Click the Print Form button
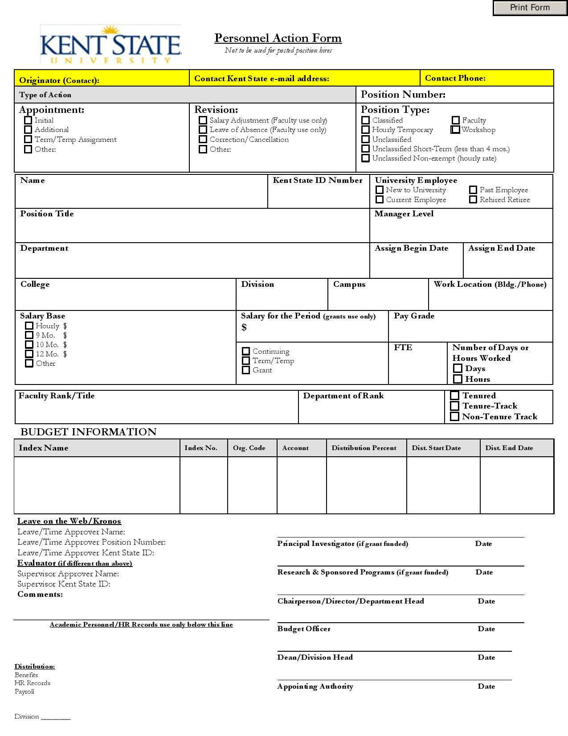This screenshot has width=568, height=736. (x=530, y=8)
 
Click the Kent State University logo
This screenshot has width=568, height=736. (x=111, y=45)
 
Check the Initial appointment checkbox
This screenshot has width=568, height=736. (x=28, y=120)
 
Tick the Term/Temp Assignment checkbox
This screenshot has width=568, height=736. (x=28, y=140)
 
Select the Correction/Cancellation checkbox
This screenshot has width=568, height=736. (x=203, y=140)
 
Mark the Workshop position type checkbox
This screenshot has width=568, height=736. (x=455, y=130)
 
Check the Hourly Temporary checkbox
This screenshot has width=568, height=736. (x=365, y=130)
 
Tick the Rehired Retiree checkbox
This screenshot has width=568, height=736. (x=473, y=200)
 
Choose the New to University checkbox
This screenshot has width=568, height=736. (x=380, y=190)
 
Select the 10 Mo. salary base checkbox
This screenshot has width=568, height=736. (x=29, y=344)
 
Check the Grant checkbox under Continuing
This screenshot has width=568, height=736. (x=245, y=370)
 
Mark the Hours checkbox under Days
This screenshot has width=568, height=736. (x=458, y=379)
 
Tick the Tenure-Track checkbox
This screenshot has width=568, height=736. (x=454, y=406)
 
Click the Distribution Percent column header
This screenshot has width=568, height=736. (x=364, y=448)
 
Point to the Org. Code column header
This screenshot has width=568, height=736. (x=249, y=448)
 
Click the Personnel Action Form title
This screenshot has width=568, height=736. (x=278, y=38)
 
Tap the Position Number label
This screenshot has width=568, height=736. (x=403, y=95)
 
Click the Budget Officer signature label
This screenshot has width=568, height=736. (x=304, y=629)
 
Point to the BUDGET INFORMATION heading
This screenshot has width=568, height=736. (x=89, y=432)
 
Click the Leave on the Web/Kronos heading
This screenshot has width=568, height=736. (x=69, y=521)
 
